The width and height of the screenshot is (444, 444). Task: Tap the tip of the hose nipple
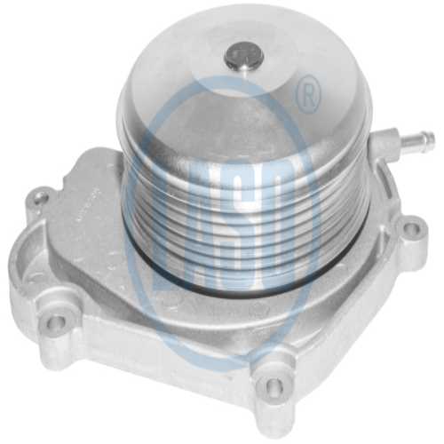(x=430, y=138)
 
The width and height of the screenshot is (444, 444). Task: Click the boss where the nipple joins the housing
(x=384, y=147)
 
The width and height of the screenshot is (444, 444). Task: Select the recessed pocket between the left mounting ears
(x=62, y=258)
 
